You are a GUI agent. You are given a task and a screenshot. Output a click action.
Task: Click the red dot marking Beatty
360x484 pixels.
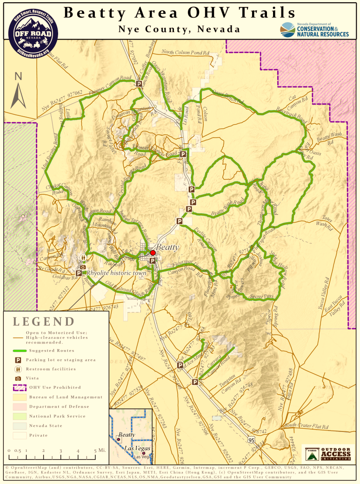point(153,252)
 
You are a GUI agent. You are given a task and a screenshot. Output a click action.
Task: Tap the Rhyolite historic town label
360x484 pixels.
point(117,273)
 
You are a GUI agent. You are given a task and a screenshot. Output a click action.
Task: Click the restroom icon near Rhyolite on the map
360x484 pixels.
point(83,258)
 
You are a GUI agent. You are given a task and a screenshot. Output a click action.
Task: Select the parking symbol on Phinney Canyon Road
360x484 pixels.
point(139,84)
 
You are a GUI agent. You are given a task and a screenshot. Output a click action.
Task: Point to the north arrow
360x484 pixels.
point(19,91)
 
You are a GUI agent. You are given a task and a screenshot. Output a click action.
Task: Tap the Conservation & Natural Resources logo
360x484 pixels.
point(314,30)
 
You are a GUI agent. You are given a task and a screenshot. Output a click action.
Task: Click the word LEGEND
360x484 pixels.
point(43,321)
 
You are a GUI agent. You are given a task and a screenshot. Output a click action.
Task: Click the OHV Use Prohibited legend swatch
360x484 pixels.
point(18,387)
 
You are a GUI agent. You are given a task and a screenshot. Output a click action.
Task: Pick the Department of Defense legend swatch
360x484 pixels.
point(18,406)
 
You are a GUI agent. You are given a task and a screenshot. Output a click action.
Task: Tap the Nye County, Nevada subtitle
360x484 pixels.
point(179,29)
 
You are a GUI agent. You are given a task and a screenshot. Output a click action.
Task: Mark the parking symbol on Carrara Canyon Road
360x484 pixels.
point(195,382)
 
